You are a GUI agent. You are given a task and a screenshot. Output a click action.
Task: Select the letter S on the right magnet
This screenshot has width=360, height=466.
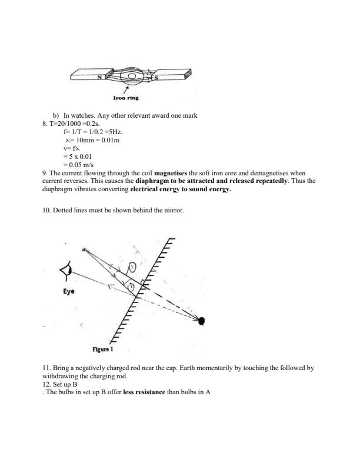tap(155, 77)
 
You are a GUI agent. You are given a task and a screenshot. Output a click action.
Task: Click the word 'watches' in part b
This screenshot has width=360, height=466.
tap(83, 116)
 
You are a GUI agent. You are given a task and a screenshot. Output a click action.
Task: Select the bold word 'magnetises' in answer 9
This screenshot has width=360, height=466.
tap(170, 174)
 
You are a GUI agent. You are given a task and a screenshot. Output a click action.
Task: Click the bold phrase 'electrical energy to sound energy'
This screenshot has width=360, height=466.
tap(181, 190)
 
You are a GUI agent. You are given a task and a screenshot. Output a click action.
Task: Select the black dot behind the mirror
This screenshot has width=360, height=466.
tap(202, 321)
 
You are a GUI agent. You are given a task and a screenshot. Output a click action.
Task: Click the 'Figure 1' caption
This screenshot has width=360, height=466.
tap(104, 349)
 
